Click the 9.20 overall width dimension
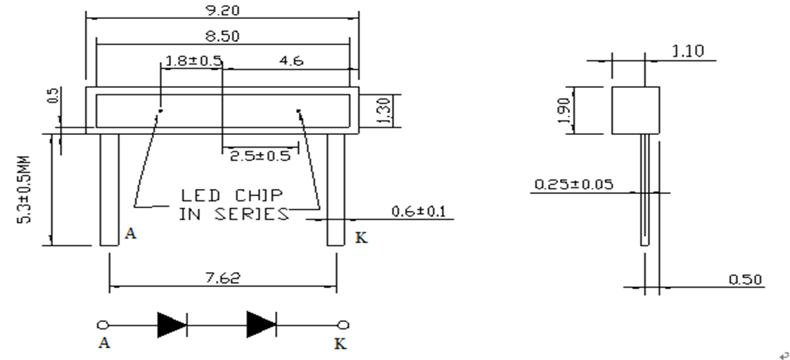coord(222,10)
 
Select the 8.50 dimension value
coord(222,37)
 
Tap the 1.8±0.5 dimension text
coord(193,61)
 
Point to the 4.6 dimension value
coord(291,61)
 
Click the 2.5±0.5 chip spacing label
coord(260,155)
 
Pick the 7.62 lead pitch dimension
coord(223,278)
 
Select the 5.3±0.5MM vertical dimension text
coord(24,189)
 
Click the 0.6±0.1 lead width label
coord(419,211)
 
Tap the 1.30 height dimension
coord(383,111)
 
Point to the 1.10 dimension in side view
coord(688,51)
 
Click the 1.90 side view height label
coord(565,110)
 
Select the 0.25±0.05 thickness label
coord(574,184)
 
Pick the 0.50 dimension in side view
coord(746,279)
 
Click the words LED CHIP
coord(232,195)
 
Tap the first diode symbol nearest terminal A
coord(172,325)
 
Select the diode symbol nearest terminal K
coord(262,325)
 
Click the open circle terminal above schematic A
coord(103,325)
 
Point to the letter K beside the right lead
coord(362,238)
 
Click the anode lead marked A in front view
coord(109,190)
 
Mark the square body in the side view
coord(636,110)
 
